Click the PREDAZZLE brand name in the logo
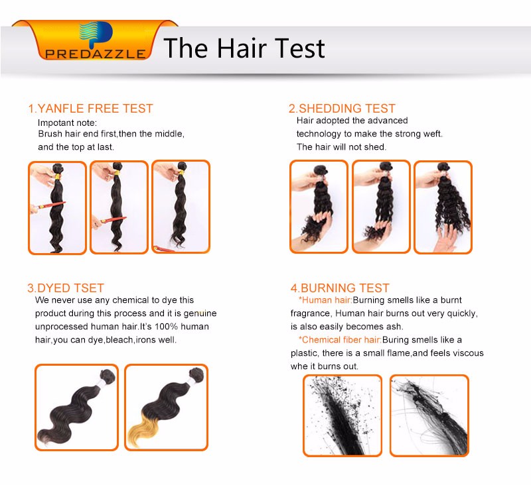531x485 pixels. coord(95,54)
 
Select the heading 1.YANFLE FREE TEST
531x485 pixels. coord(90,109)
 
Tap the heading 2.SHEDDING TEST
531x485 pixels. coord(342,109)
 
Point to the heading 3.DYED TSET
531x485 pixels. coord(66,288)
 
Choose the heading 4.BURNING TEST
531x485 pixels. coord(340,288)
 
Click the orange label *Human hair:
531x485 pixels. coord(325,300)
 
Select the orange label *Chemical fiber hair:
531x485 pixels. coord(340,340)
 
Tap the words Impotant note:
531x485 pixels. coord(68,123)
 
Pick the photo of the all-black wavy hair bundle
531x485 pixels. coord(76,407)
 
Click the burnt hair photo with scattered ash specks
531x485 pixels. coord(342,415)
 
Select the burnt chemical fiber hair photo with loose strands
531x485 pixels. coord(429,415)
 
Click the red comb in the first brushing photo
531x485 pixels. coord(49,205)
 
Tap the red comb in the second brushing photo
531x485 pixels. coord(112,220)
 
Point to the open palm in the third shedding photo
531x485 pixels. coord(447,238)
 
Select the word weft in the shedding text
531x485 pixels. coord(434,134)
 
